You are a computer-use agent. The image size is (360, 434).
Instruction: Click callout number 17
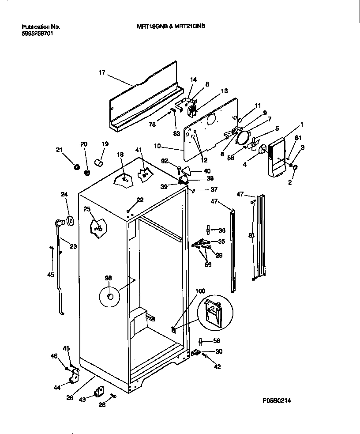click(102, 72)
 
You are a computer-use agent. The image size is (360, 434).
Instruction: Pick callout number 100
click(200, 291)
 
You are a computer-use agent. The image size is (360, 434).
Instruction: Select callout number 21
click(59, 150)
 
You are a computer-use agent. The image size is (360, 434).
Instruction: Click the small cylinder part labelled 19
click(99, 164)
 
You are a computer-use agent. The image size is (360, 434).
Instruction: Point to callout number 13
click(224, 91)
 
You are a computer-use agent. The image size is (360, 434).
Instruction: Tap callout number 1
click(302, 125)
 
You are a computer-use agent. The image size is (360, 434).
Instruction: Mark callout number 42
click(217, 366)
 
